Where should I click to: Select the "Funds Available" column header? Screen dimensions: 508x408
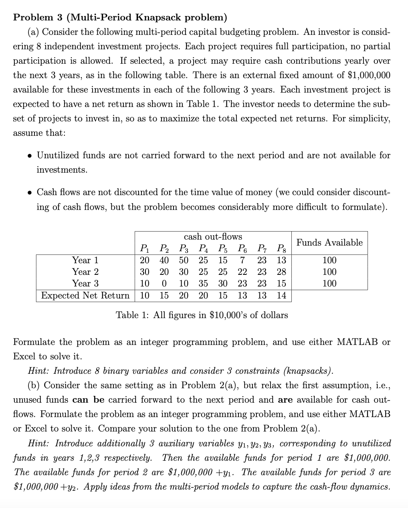pyautogui.click(x=329, y=242)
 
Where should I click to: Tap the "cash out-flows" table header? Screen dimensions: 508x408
pyautogui.click(x=213, y=237)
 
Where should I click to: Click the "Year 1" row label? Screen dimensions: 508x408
pyautogui.click(x=85, y=260)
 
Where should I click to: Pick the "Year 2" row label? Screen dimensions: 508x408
pyautogui.click(x=85, y=272)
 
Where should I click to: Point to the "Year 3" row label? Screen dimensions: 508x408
pyautogui.click(x=85, y=283)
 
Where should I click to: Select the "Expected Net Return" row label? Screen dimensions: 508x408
pyautogui.click(x=85, y=296)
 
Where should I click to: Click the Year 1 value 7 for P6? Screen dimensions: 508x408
pyautogui.click(x=242, y=260)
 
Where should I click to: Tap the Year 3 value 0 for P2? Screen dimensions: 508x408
pyautogui.click(x=164, y=283)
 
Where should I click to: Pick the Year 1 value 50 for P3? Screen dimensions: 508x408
pyautogui.click(x=184, y=260)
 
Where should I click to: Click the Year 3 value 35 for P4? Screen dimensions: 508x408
pyautogui.click(x=204, y=283)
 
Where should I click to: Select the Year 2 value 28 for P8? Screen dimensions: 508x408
pyautogui.click(x=281, y=272)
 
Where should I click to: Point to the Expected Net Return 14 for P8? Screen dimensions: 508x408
pyautogui.click(x=281, y=296)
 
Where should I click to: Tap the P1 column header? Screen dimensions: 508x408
pyautogui.click(x=144, y=248)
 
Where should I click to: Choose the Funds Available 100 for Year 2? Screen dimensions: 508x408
pyautogui.click(x=329, y=272)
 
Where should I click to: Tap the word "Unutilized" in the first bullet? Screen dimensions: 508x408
pyautogui.click(x=58, y=155)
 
